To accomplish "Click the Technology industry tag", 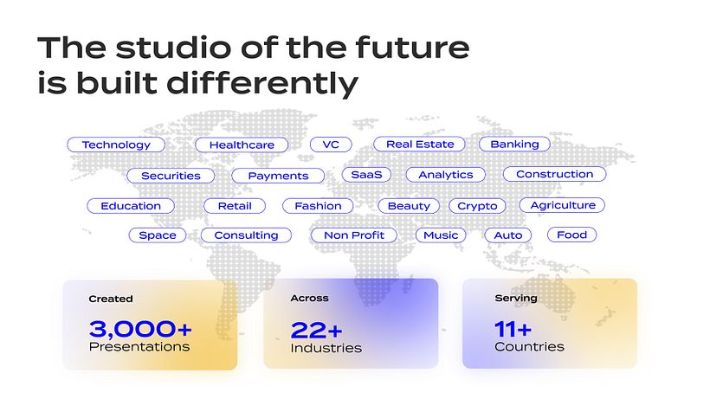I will (x=116, y=145).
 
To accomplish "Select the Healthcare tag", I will (x=242, y=145).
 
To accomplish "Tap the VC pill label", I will (x=330, y=145).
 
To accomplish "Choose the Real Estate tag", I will (x=419, y=145).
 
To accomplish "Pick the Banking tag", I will (x=514, y=145).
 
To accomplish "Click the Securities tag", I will (x=171, y=176).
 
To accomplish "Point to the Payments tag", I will (x=278, y=176).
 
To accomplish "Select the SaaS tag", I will (x=366, y=175).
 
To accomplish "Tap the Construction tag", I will (x=554, y=175).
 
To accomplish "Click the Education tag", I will (x=131, y=206).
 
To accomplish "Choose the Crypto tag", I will (x=477, y=206).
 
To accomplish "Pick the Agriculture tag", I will (x=562, y=205).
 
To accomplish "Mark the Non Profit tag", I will (x=353, y=235).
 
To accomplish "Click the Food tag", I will (x=571, y=235).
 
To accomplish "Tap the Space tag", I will (x=157, y=235).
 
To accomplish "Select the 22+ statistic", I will (x=316, y=329).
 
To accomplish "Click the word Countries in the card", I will (x=529, y=347).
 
